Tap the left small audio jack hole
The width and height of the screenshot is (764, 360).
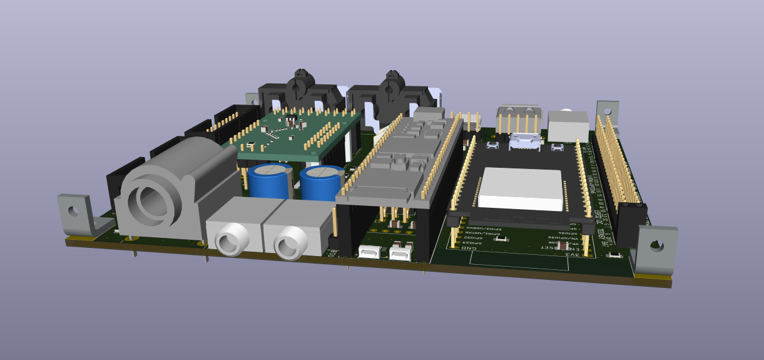point(230,240)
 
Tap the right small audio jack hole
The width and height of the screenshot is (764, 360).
point(290,242)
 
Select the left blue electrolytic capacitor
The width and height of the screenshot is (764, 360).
point(267,181)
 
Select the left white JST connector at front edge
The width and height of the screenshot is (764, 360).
point(369,253)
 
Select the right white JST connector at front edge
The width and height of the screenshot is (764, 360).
point(399,254)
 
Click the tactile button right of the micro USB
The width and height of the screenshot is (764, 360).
point(557,148)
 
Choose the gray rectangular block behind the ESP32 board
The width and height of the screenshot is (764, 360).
point(568,126)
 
